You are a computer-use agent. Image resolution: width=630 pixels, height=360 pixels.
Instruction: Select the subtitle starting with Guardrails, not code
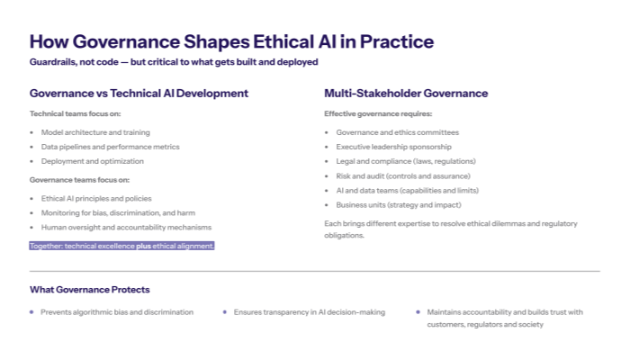174,61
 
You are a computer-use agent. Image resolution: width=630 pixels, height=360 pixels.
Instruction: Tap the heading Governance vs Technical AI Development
139,93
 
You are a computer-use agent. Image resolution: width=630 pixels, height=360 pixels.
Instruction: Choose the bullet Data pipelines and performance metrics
111,147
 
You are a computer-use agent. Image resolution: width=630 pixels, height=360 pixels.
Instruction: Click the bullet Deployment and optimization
92,161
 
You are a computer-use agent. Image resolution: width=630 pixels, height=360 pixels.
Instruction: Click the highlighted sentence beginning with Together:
121,245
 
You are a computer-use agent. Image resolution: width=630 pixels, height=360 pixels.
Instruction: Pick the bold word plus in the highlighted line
143,245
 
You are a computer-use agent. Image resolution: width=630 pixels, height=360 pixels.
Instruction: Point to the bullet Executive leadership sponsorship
393,147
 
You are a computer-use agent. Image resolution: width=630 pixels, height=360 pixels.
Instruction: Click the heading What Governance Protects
89,290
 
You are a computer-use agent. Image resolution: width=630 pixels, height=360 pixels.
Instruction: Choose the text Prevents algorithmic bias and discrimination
117,312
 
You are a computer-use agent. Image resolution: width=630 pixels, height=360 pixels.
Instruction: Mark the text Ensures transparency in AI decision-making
309,312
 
